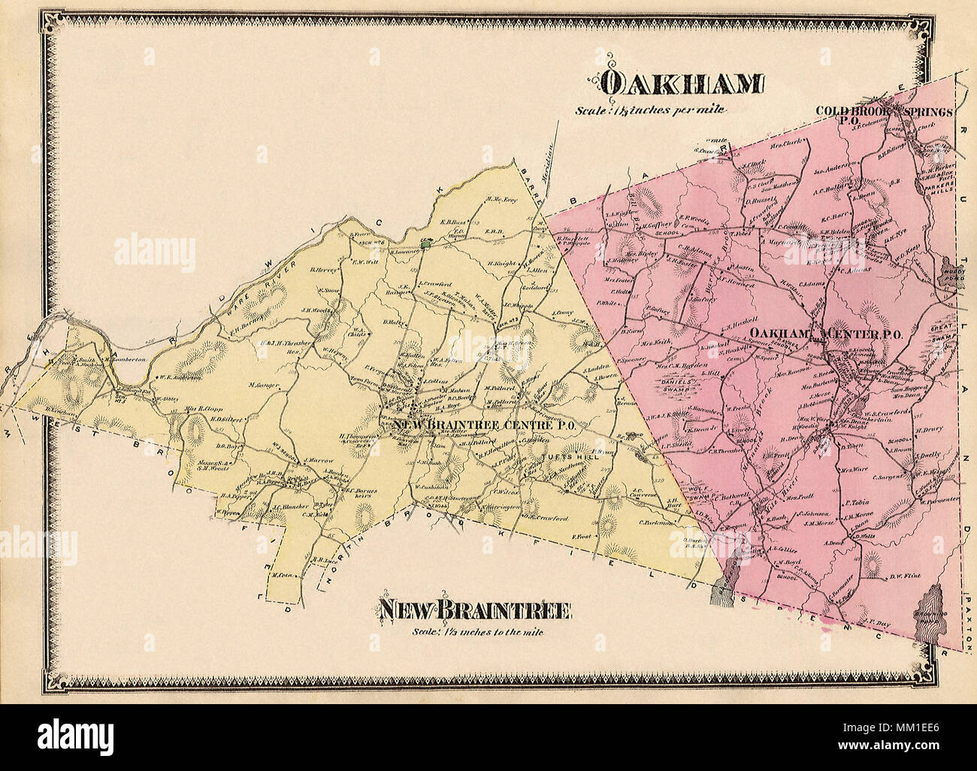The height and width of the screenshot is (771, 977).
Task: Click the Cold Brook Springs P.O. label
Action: click(885, 113)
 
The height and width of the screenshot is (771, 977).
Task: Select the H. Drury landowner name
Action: click(929, 431)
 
